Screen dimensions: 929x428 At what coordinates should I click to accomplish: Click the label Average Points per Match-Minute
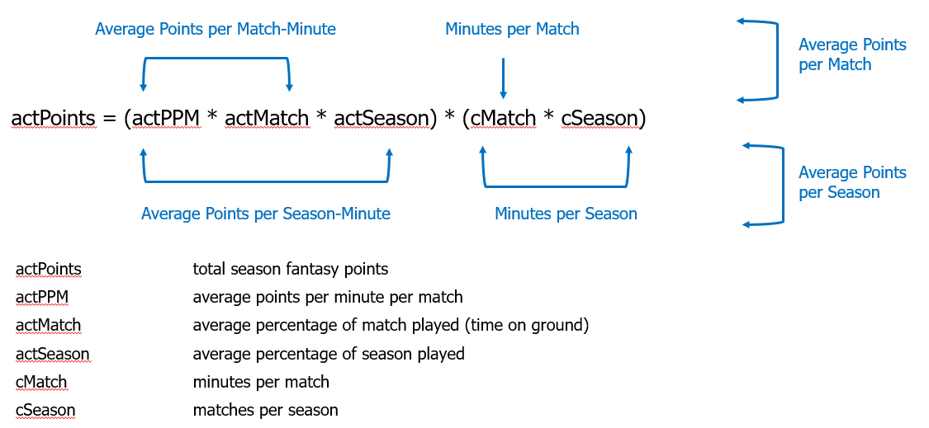click(x=216, y=29)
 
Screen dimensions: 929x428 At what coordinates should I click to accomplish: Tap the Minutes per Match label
click(x=513, y=29)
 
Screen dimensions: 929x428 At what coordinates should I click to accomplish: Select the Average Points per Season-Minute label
click(x=265, y=214)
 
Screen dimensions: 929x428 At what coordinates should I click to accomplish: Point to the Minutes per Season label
click(x=566, y=214)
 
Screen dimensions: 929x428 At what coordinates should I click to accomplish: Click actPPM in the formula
click(x=165, y=119)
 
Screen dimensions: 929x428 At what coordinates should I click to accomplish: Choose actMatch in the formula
click(x=267, y=119)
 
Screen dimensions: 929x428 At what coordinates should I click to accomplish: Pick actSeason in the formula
click(x=381, y=119)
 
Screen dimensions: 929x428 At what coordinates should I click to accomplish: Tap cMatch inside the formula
click(x=504, y=119)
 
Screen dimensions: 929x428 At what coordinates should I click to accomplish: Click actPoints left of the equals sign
click(x=53, y=119)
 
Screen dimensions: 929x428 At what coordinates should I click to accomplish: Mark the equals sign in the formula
click(x=109, y=120)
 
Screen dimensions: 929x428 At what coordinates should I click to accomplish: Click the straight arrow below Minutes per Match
click(x=503, y=78)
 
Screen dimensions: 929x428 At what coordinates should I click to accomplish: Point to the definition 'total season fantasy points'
click(x=291, y=270)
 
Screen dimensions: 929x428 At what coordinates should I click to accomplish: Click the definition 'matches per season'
click(x=265, y=410)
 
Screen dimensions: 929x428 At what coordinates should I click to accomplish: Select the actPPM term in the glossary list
click(x=42, y=297)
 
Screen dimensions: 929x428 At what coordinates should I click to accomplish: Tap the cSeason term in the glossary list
click(x=45, y=410)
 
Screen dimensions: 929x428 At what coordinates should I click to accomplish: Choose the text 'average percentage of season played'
click(x=328, y=354)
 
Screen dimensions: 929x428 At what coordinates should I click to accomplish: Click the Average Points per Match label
click(x=852, y=54)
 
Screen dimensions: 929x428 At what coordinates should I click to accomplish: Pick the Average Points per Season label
click(x=852, y=182)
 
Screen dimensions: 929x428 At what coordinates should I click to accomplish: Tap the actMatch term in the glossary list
click(x=49, y=326)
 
